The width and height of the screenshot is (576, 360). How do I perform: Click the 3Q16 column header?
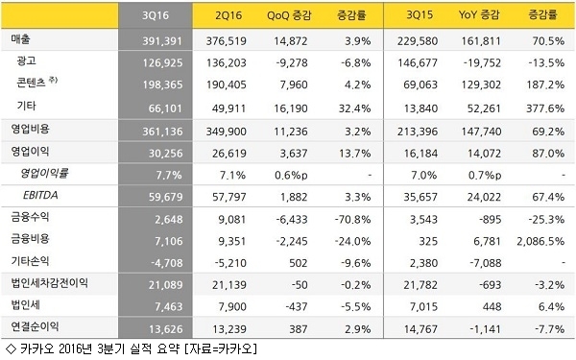click(156, 15)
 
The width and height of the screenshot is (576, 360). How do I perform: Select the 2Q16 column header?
click(228, 15)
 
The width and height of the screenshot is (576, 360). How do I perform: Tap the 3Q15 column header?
click(420, 15)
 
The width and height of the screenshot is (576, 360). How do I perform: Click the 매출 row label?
click(20, 39)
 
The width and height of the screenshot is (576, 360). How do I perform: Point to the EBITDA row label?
click(40, 195)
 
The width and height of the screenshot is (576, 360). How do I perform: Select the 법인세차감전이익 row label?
click(50, 283)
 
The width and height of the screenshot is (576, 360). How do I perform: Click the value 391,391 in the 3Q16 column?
click(162, 40)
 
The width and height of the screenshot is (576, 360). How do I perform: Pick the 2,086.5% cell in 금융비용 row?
click(540, 241)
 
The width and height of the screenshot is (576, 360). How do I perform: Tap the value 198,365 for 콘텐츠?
click(162, 84)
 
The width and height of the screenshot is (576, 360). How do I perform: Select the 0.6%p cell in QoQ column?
click(291, 176)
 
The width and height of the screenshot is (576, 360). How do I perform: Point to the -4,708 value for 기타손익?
click(167, 263)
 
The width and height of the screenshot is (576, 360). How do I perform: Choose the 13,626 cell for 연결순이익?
click(166, 328)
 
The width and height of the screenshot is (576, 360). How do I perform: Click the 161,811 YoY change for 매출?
click(481, 40)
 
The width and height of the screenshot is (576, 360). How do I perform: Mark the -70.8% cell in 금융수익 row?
click(352, 219)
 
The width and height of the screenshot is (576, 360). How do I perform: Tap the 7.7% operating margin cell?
click(169, 175)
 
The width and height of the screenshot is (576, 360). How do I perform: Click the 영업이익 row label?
click(30, 152)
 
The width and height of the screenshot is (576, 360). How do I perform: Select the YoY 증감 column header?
click(479, 15)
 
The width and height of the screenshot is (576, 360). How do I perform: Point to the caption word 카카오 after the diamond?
click(37, 348)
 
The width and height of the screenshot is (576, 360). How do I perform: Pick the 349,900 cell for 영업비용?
click(226, 132)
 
